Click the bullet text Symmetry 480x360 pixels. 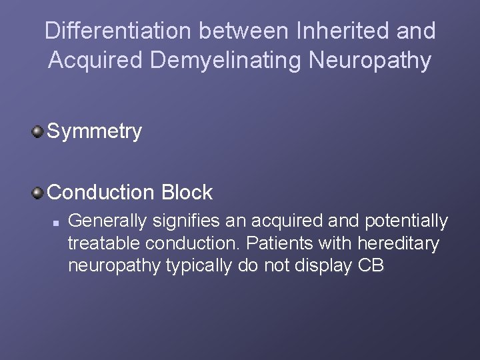tap(95, 131)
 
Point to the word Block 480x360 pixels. tap(187, 193)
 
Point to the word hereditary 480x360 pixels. tap(398, 243)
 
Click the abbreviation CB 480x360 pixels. tap(371, 266)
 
